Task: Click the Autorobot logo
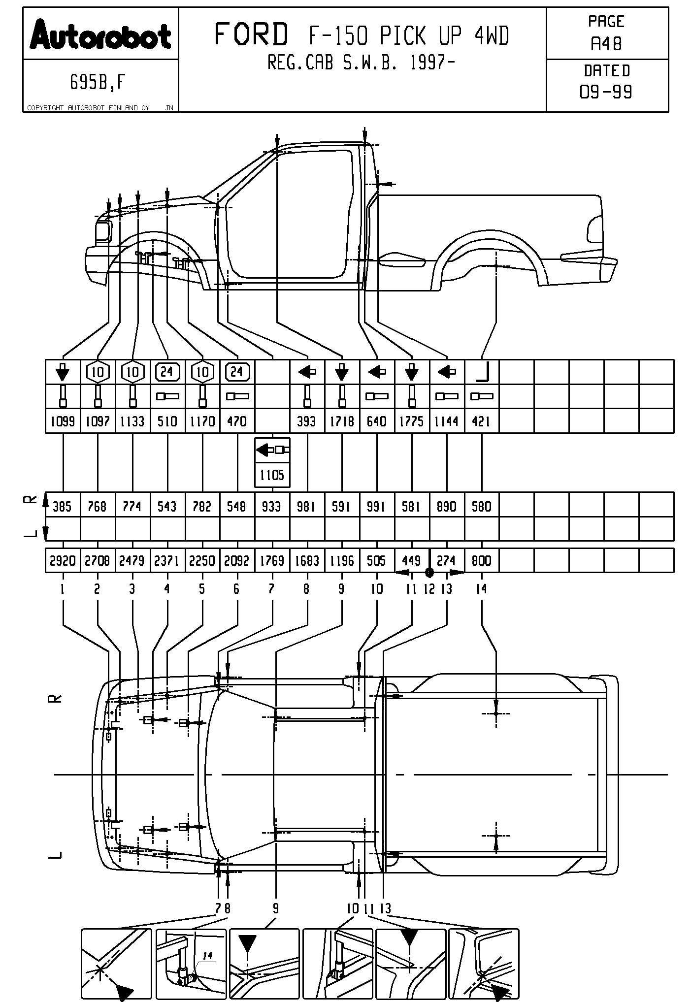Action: point(100,35)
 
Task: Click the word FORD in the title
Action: point(251,35)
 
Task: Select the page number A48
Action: point(606,44)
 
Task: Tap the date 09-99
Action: point(606,92)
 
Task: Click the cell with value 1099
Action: point(63,421)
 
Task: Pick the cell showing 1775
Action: point(411,421)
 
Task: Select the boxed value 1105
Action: point(272,475)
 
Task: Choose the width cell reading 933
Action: point(271,507)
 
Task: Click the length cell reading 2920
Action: point(63,561)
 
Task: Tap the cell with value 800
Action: point(481,561)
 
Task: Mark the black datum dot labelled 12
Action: point(429,572)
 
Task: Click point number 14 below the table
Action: point(481,589)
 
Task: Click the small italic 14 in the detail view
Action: point(208,956)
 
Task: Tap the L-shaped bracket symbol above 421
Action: point(481,372)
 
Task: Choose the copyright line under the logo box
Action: point(89,108)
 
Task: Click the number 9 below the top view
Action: point(275,908)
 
